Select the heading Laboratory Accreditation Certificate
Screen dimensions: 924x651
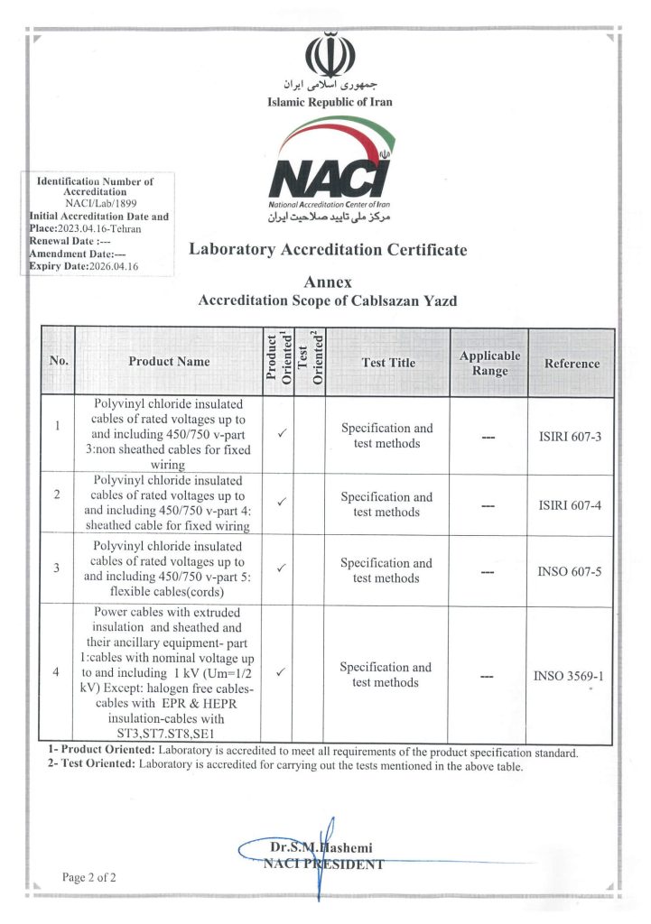pyautogui.click(x=328, y=249)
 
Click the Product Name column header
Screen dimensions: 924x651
pyautogui.click(x=169, y=362)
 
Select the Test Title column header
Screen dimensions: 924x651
pyautogui.click(x=388, y=363)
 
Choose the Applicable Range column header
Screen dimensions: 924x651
pyautogui.click(x=489, y=363)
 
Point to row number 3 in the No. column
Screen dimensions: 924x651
pyautogui.click(x=57, y=568)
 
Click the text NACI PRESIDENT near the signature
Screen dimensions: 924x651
pyautogui.click(x=322, y=864)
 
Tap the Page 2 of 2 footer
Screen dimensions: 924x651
pyautogui.click(x=89, y=877)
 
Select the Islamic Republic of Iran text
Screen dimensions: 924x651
pyautogui.click(x=330, y=102)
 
